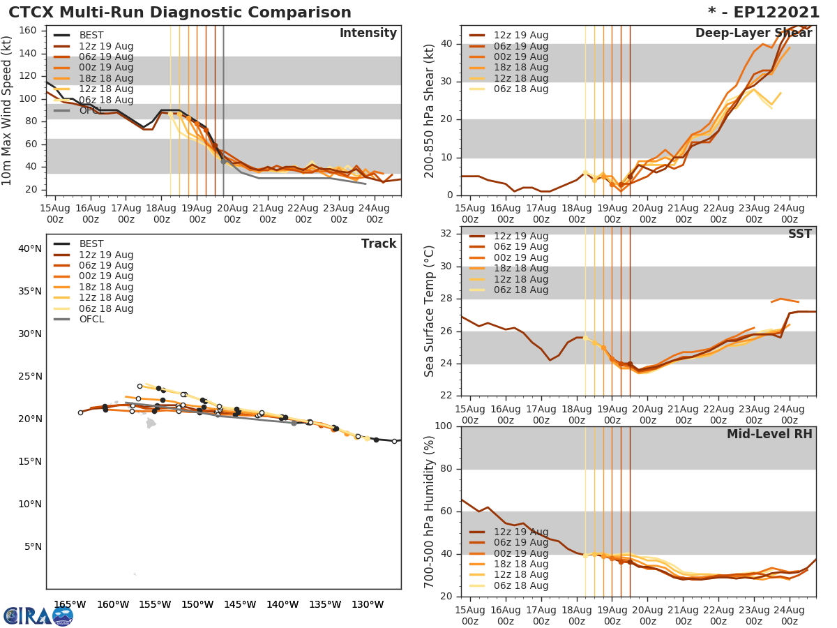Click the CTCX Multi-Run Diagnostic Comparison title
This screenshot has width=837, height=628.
click(x=180, y=13)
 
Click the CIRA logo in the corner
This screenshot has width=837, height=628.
click(x=38, y=615)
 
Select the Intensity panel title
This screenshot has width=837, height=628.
click(x=368, y=33)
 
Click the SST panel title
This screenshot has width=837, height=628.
click(x=800, y=234)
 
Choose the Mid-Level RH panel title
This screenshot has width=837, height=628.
click(x=769, y=434)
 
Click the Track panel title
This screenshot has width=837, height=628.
click(x=379, y=244)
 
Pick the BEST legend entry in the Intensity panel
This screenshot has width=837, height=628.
click(x=91, y=36)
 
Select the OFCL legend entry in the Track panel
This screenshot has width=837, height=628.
click(x=91, y=320)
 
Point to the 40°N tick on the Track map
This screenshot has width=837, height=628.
click(x=29, y=248)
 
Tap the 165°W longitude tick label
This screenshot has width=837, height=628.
click(x=69, y=604)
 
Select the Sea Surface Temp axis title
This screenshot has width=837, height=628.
click(x=430, y=311)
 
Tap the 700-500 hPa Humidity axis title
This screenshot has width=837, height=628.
click(x=430, y=511)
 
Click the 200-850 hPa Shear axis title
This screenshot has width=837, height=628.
click(x=430, y=110)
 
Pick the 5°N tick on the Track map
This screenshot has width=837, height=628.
click(x=32, y=546)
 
